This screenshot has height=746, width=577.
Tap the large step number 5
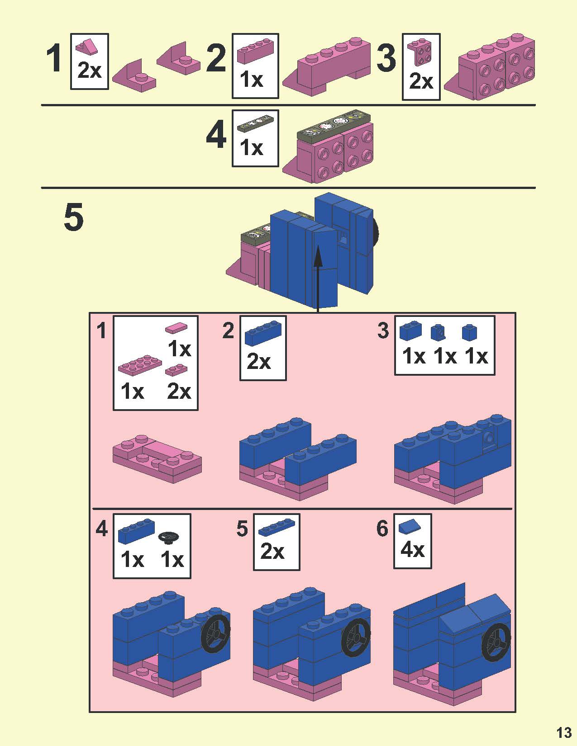pyautogui.click(x=74, y=217)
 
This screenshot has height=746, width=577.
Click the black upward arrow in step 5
pyautogui.click(x=318, y=278)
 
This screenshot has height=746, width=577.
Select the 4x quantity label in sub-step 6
pyautogui.click(x=412, y=550)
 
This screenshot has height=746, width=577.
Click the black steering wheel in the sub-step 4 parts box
pyautogui.click(x=169, y=537)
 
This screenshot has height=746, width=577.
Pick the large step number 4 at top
pyautogui.click(x=216, y=134)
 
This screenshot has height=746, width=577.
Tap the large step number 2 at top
pyautogui.click(x=216, y=58)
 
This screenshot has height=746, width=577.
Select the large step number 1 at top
pyautogui.click(x=55, y=58)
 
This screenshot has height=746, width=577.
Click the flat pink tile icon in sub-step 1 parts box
pyautogui.click(x=176, y=328)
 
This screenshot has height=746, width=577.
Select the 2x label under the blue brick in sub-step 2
pyautogui.click(x=258, y=362)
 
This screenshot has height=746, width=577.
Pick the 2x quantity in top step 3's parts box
pyautogui.click(x=421, y=81)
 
